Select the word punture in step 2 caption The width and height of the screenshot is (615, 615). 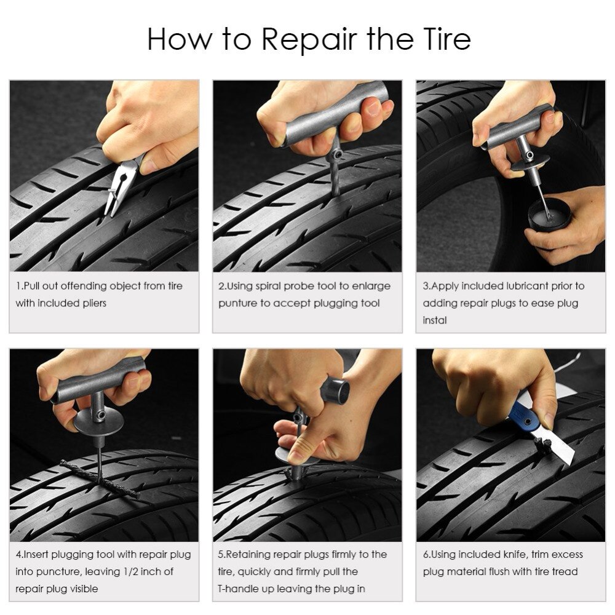point(239,303)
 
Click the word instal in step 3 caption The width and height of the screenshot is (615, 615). point(435,320)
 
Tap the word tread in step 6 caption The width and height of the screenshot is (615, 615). point(565,571)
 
